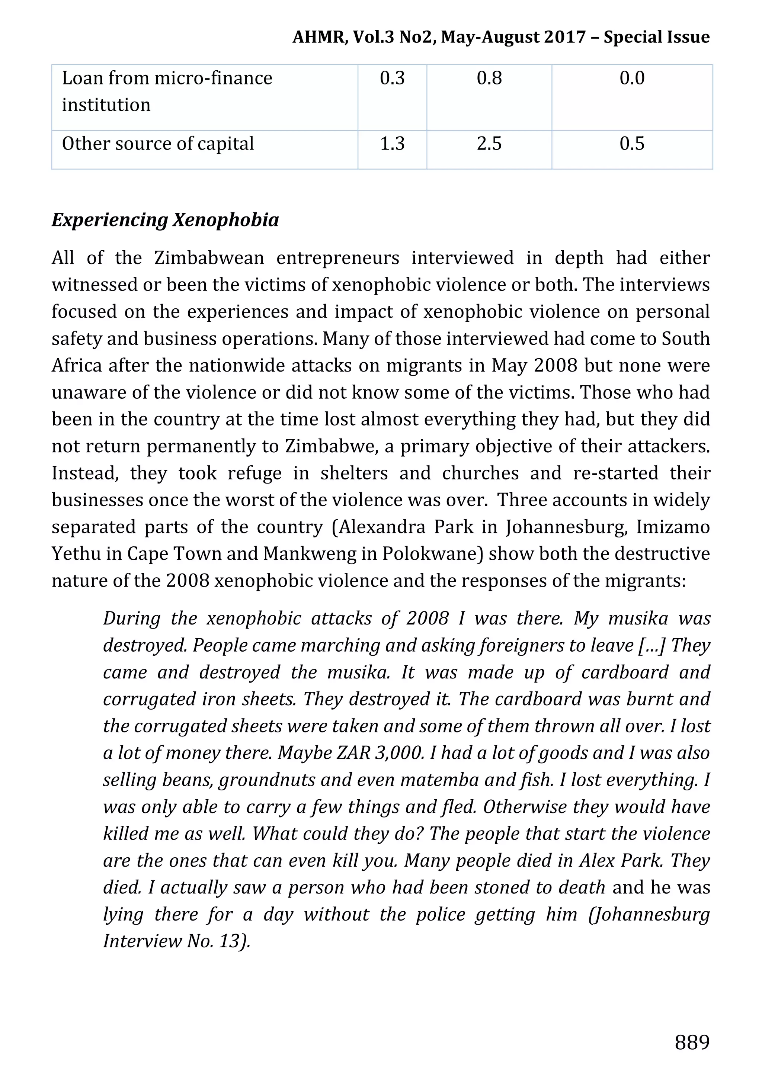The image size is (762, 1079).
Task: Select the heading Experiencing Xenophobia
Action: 165,220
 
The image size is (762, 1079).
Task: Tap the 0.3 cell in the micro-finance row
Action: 392,78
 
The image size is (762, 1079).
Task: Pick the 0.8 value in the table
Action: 489,78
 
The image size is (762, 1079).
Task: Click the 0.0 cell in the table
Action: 632,78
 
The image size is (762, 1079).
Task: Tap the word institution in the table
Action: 106,105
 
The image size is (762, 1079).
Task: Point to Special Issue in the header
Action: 656,37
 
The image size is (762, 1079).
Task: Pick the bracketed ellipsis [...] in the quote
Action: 652,646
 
